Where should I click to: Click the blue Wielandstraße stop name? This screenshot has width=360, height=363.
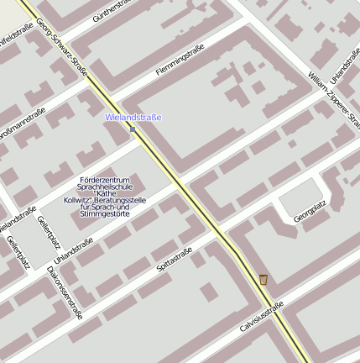(x=133, y=118)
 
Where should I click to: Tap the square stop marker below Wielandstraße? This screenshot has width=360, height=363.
(x=133, y=129)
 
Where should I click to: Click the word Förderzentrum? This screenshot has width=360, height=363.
(x=102, y=181)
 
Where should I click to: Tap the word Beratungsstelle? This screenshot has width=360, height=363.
(x=124, y=201)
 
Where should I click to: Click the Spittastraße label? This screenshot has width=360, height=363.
(x=175, y=260)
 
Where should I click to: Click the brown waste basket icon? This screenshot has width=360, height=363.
(x=263, y=278)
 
